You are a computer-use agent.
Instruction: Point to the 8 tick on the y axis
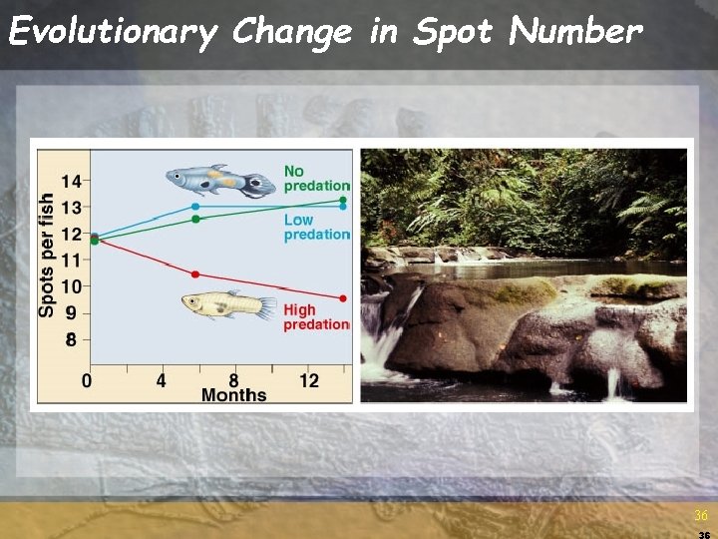click(x=71, y=339)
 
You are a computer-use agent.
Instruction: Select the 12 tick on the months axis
click(x=309, y=380)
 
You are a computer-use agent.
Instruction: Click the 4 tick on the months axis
click(x=162, y=380)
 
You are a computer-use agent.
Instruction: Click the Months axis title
click(x=233, y=395)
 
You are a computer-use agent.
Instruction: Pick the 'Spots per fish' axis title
click(x=47, y=255)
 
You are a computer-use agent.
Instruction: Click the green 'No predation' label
click(x=317, y=178)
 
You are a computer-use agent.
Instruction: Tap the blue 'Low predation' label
click(x=317, y=227)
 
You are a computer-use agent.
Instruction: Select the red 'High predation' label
click(x=317, y=316)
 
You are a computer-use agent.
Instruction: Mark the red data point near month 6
click(x=195, y=274)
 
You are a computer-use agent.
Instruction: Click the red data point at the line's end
click(x=343, y=298)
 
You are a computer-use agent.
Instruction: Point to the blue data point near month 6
click(x=195, y=207)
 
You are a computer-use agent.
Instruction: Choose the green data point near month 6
click(x=195, y=219)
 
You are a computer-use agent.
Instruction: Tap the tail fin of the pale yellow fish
click(x=266, y=306)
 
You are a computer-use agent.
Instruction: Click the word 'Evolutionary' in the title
click(x=112, y=32)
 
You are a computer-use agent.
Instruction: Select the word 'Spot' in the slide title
click(x=454, y=32)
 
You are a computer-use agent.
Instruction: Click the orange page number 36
click(x=701, y=515)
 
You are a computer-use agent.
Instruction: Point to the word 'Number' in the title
click(x=574, y=32)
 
